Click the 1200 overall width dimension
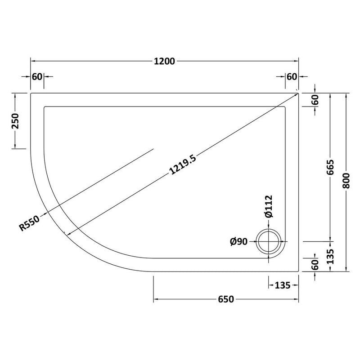click(165, 62)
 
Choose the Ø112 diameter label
click(269, 206)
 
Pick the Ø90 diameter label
click(239, 242)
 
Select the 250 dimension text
click(15, 121)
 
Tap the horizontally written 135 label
click(282, 285)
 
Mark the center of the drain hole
click(269, 242)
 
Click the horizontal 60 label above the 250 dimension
click(37, 76)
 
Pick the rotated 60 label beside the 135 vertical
click(315, 265)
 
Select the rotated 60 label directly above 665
click(315, 100)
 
